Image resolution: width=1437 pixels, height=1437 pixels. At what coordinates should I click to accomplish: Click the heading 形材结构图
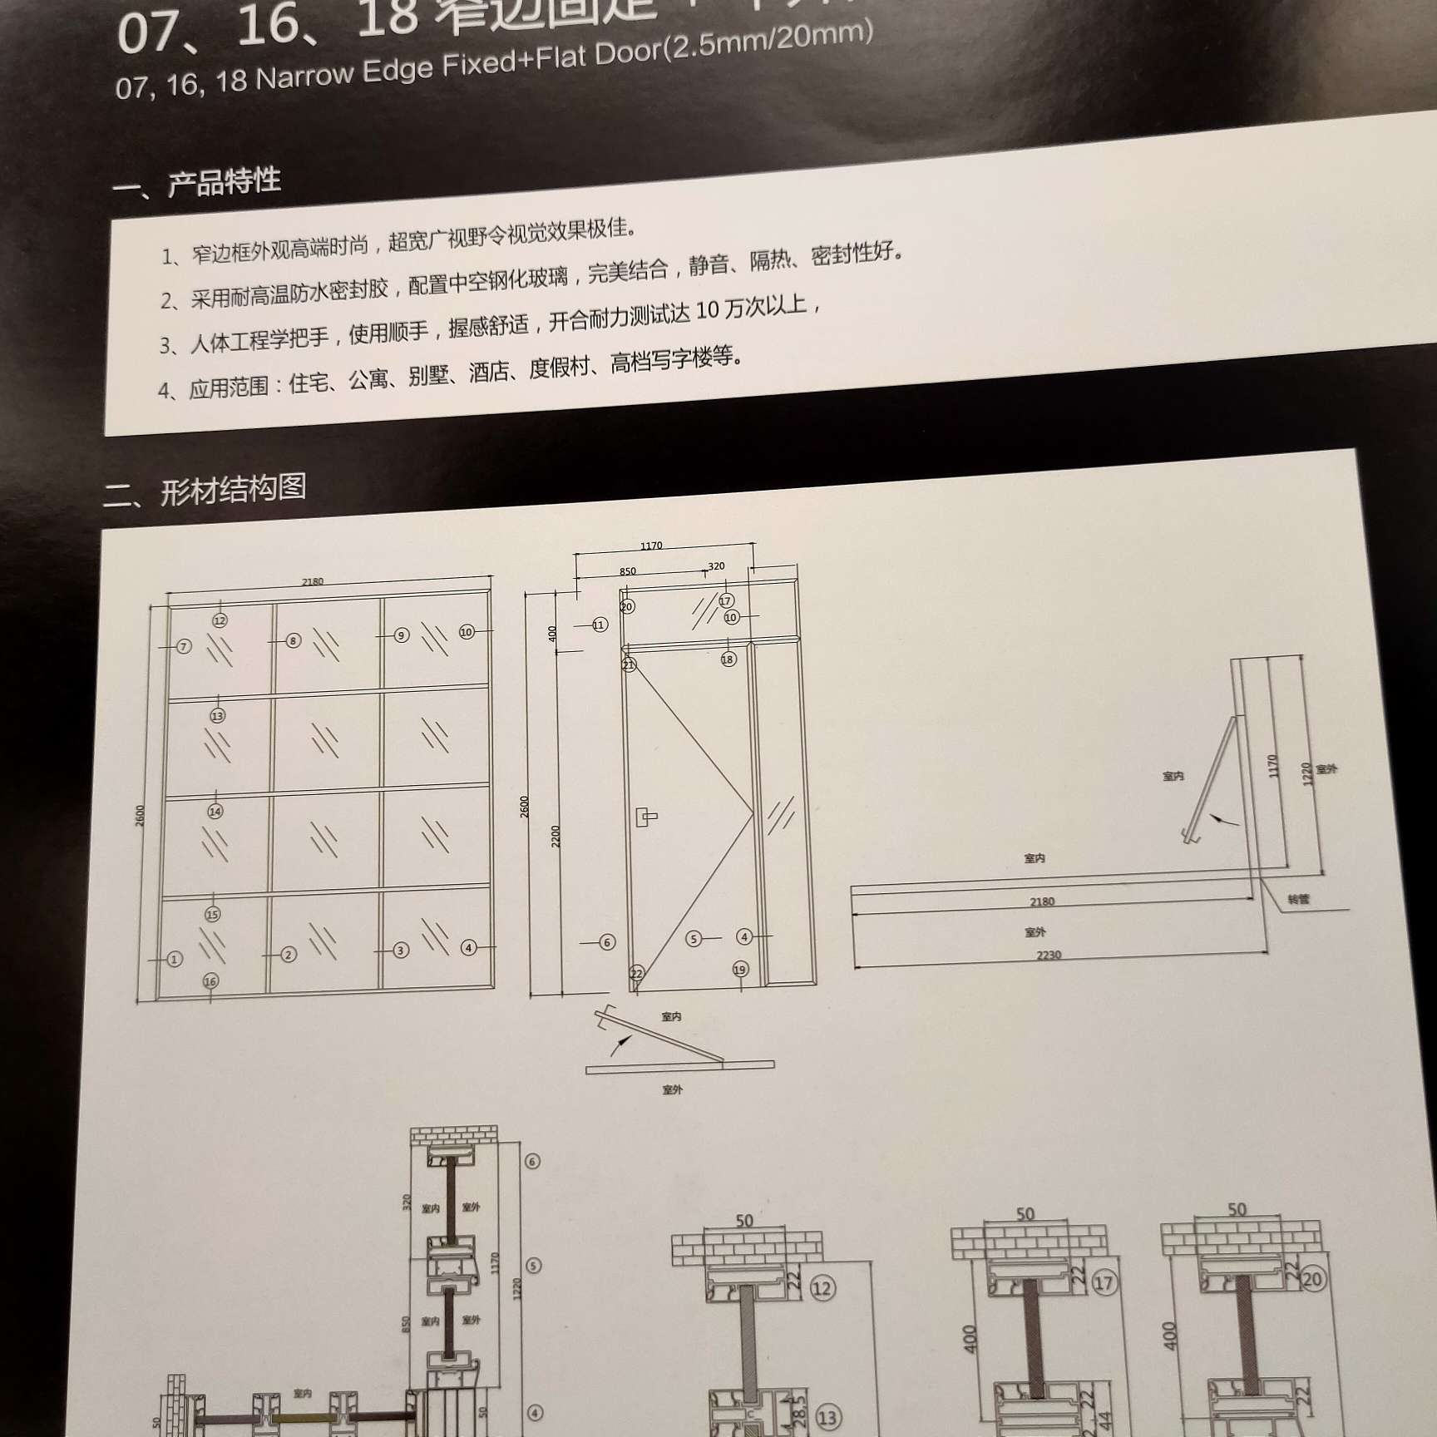(x=233, y=489)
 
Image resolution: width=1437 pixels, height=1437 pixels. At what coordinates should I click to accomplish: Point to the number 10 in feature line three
(x=707, y=310)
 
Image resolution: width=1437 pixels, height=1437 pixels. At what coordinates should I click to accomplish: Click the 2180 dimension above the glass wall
(x=313, y=581)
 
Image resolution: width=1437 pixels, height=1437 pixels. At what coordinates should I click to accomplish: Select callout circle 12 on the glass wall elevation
(x=220, y=620)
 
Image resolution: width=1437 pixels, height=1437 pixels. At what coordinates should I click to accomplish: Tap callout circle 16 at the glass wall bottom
(x=210, y=981)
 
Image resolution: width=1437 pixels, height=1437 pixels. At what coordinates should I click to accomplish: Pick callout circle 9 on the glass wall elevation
(x=401, y=635)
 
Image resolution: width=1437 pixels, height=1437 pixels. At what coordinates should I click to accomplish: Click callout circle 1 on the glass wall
(x=174, y=959)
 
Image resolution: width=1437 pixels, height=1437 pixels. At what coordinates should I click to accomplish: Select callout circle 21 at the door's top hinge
(x=629, y=664)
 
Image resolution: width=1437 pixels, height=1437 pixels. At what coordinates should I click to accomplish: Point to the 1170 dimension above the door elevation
(x=651, y=546)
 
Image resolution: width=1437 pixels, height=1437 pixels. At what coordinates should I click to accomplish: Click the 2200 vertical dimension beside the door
(x=556, y=836)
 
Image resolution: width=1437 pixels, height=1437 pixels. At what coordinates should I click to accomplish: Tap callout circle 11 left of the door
(x=600, y=625)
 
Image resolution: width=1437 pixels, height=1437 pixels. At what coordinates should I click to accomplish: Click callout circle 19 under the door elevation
(x=740, y=969)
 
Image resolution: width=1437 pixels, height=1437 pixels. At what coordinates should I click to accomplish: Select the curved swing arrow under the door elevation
(x=620, y=1044)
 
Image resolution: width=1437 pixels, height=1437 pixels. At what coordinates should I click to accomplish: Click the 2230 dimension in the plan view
(x=1049, y=955)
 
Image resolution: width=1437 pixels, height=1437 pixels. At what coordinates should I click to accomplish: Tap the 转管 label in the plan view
(x=1298, y=899)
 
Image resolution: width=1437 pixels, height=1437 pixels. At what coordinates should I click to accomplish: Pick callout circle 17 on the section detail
(x=1104, y=1283)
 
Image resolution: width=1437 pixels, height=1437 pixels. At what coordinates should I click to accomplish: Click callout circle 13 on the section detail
(x=827, y=1417)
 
